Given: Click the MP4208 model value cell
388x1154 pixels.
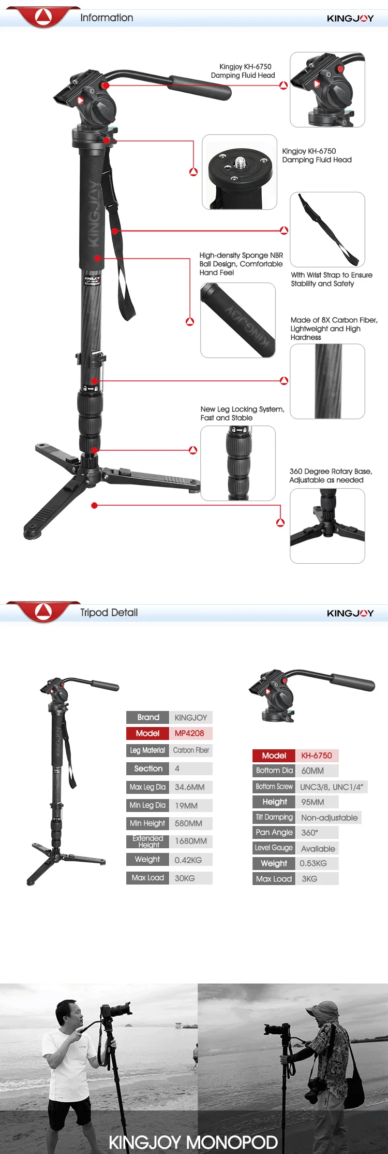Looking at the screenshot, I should pyautogui.click(x=190, y=733).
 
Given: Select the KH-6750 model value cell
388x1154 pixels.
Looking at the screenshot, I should pyautogui.click(x=317, y=756).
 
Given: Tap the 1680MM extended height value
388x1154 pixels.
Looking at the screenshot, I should pyautogui.click(x=190, y=841).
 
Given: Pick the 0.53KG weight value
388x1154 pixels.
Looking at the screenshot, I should pyautogui.click(x=314, y=863).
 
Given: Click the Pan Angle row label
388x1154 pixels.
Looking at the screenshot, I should pyautogui.click(x=274, y=832).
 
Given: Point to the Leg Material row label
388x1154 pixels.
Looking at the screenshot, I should pyautogui.click(x=147, y=750).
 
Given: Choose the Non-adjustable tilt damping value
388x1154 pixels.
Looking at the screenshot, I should pyautogui.click(x=329, y=818).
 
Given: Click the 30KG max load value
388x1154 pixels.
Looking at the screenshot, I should pyautogui.click(x=185, y=878).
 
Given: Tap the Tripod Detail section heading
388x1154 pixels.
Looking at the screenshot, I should pyautogui.click(x=109, y=612).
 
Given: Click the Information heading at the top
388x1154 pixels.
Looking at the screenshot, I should pyautogui.click(x=107, y=18).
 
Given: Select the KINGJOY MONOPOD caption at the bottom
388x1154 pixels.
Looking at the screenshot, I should pyautogui.click(x=193, y=1142).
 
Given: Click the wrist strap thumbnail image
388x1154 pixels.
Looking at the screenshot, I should pyautogui.click(x=327, y=230).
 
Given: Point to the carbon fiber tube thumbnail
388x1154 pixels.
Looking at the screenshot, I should pyautogui.click(x=327, y=381).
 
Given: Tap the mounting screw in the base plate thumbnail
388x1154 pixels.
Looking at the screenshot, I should pyautogui.click(x=240, y=163).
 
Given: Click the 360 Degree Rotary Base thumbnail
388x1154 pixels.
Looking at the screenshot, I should pyautogui.click(x=327, y=526).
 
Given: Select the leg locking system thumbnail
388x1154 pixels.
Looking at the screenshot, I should pyautogui.click(x=238, y=463).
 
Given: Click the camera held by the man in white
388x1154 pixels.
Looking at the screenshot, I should pyautogui.click(x=118, y=1010).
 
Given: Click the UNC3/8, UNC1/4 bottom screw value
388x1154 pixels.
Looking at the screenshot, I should pyautogui.click(x=332, y=787).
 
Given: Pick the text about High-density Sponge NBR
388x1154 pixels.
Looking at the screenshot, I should pyautogui.click(x=241, y=264).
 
